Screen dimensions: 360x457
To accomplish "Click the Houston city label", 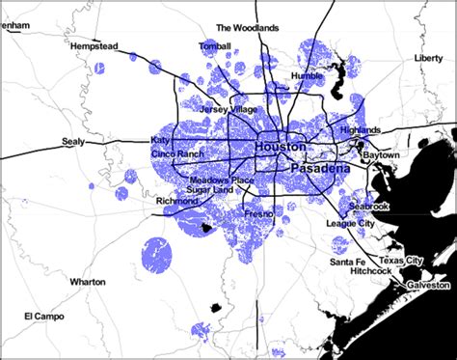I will click(281, 146).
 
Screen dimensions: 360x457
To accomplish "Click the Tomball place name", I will click(215, 46).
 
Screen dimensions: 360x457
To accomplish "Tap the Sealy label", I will click(74, 140).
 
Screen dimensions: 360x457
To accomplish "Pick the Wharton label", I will click(89, 281).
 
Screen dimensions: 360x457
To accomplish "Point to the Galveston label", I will click(426, 286).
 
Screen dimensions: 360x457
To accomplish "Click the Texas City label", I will click(400, 262).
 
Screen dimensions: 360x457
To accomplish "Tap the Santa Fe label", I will click(346, 262).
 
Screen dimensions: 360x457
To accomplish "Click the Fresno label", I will click(258, 211).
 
